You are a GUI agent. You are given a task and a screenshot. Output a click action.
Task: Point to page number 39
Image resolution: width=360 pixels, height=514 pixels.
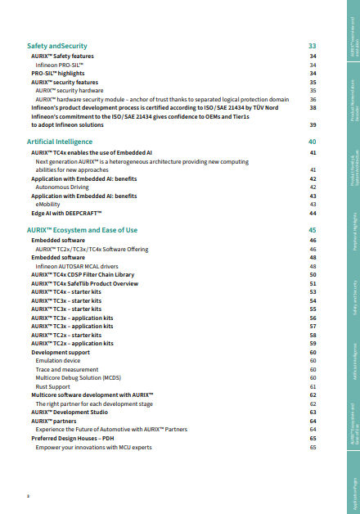click(x=313, y=125)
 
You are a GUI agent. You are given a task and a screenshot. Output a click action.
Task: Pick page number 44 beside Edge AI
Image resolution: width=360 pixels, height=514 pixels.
click(x=313, y=213)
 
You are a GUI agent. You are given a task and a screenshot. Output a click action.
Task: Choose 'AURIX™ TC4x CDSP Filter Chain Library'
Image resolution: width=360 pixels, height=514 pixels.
click(x=88, y=274)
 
